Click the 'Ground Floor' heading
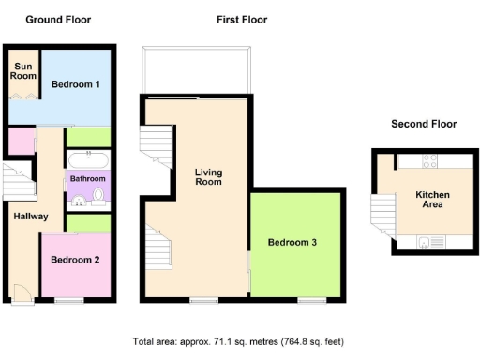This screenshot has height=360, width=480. point(57,19)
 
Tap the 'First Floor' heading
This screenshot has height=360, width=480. point(241,19)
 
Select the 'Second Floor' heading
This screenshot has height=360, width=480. point(423,124)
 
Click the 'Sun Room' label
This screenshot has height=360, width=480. point(22,72)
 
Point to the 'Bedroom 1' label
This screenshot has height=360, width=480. point(75,85)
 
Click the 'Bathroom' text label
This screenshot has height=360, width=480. point(87,177)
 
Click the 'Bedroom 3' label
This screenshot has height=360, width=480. point(292,243)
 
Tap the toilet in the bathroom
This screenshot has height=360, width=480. point(97,195)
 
